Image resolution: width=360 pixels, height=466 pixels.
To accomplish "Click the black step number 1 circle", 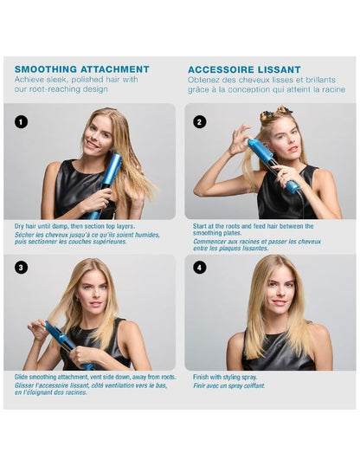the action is point(21,122).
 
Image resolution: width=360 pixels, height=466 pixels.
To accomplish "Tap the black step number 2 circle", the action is point(199,122).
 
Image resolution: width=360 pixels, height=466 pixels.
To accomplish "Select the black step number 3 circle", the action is point(21,268).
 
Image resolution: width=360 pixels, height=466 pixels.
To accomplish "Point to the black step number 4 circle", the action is point(199,268).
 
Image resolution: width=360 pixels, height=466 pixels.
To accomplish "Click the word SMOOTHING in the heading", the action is point(46,69).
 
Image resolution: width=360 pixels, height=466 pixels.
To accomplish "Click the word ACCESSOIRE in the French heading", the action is point(221,70).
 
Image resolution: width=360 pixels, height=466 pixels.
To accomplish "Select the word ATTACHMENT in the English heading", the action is point(115,69).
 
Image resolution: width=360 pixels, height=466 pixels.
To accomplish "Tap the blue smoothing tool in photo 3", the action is point(67,345).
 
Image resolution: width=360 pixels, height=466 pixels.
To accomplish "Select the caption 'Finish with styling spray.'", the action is point(225,377).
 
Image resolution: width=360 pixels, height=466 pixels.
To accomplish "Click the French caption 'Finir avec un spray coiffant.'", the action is point(229,385).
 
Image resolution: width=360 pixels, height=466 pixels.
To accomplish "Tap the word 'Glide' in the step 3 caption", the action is point(22,377).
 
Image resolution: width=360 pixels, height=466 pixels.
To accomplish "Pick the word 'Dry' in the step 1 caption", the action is point(19,226).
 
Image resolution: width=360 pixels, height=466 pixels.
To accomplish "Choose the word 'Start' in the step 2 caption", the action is point(200,226).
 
